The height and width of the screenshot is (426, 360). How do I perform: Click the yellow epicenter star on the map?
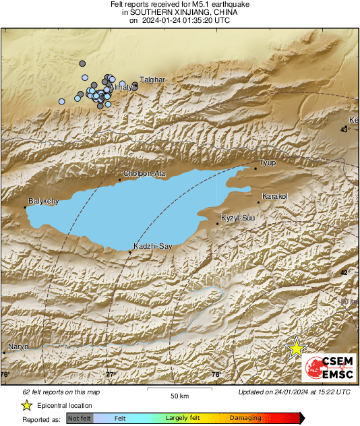pos(297,348)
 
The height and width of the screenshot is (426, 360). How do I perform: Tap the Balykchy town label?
pos(44,201)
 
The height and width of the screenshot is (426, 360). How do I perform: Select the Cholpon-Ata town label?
pos(144,173)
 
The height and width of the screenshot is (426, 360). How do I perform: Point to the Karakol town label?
pos(274,196)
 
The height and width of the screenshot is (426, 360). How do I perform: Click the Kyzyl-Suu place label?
pos(238,218)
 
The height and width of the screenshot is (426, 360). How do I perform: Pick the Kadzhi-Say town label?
pos(153,246)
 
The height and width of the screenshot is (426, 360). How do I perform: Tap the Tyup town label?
pos(268,163)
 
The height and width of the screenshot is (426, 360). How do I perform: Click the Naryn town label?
pos(18,347)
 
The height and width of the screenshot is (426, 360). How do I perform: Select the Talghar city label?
pos(152,80)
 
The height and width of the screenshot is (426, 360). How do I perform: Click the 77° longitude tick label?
pos(111,374)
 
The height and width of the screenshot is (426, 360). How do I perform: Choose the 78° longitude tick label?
pos(216,374)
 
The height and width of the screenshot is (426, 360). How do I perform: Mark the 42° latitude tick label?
pos(344,272)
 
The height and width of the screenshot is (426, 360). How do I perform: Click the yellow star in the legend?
pos(26,405)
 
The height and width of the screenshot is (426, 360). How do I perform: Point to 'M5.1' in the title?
pos(202,5)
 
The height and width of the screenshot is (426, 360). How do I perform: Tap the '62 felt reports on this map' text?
pos(61,392)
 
